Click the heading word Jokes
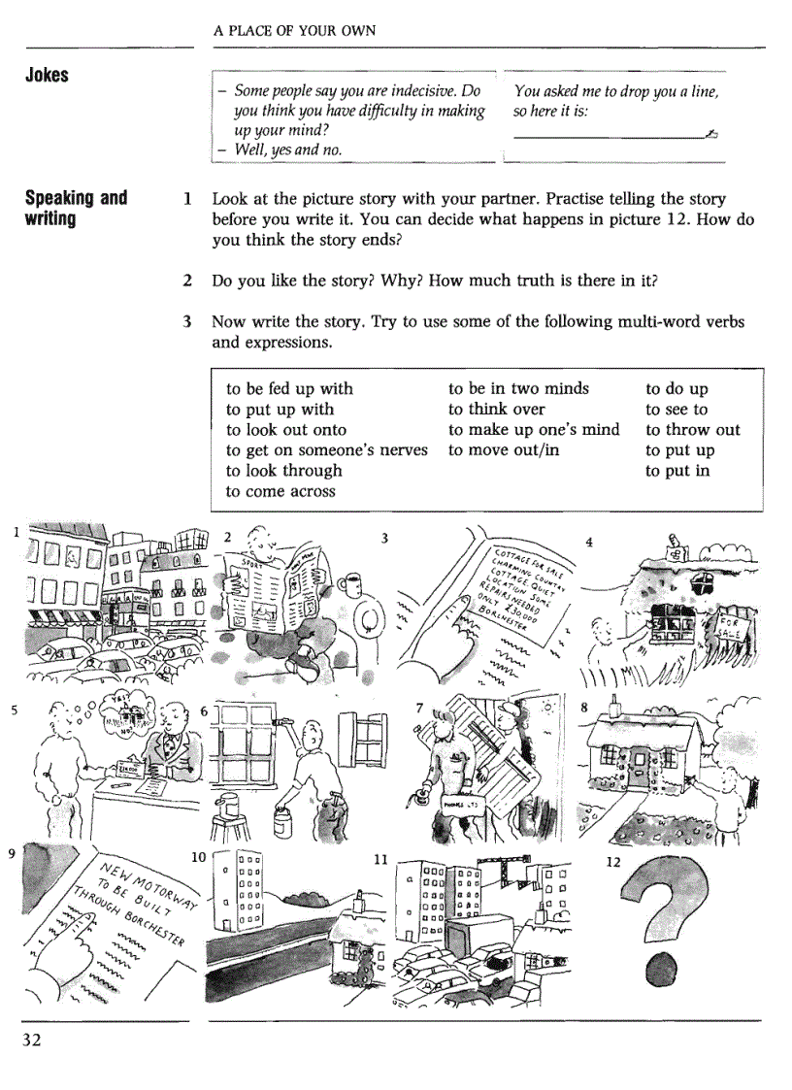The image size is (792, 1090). [x=47, y=75]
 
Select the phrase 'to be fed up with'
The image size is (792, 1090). [x=289, y=388]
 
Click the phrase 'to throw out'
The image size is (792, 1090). [x=692, y=429]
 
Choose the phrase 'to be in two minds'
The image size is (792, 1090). [x=518, y=388]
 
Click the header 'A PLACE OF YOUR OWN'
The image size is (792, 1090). [x=294, y=31]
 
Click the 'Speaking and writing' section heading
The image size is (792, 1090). [x=75, y=208]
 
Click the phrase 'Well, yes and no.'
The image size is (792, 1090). [x=287, y=149]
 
